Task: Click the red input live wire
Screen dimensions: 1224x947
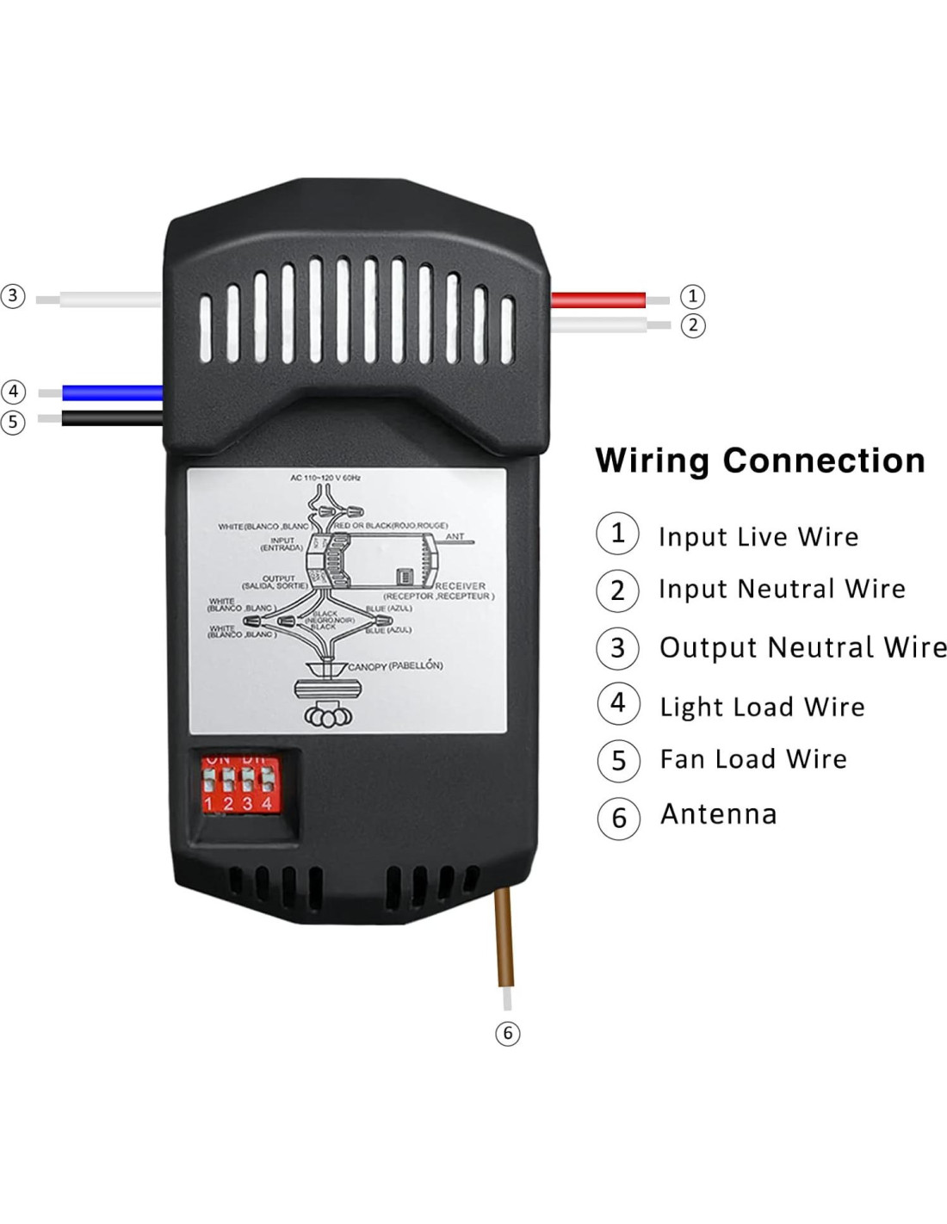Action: [598, 300]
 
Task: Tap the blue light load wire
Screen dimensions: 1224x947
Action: [112, 393]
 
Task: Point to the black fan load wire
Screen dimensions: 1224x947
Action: [112, 418]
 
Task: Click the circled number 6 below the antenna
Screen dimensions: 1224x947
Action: [508, 1033]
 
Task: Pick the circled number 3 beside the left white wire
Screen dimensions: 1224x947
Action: [13, 296]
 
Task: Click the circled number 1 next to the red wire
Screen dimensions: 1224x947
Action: [692, 296]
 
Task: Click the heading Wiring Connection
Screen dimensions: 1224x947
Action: [759, 461]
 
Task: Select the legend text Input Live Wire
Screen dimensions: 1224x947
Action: [758, 537]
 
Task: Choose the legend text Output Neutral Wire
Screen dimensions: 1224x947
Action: [802, 647]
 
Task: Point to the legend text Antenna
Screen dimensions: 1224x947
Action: [718, 814]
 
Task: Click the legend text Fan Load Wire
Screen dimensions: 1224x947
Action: [752, 759]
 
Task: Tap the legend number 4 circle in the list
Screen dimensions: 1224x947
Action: [618, 703]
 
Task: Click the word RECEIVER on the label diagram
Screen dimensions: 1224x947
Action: [460, 586]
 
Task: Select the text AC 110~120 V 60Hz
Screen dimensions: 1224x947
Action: [325, 477]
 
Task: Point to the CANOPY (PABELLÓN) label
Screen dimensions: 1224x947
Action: [395, 665]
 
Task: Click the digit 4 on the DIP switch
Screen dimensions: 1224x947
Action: [267, 803]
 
